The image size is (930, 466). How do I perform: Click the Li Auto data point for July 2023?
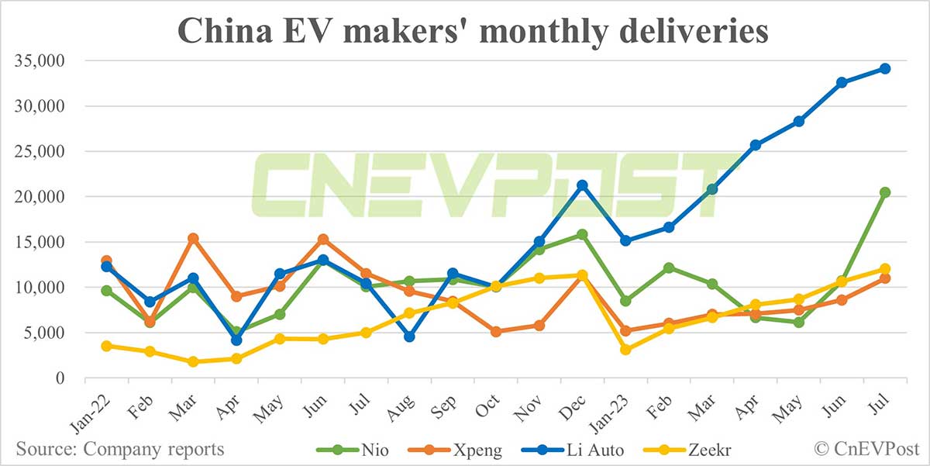click(x=884, y=68)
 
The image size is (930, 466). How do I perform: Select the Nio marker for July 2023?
click(x=884, y=192)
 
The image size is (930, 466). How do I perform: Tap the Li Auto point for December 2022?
click(x=582, y=185)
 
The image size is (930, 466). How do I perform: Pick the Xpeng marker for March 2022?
click(x=194, y=239)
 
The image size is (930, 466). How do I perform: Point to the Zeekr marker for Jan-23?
click(x=625, y=350)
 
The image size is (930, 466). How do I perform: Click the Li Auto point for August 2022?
click(x=409, y=337)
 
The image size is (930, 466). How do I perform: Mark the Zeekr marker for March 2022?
click(x=194, y=361)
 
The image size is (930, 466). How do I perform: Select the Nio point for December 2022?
click(x=582, y=234)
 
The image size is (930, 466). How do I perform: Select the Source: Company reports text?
click(x=120, y=449)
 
